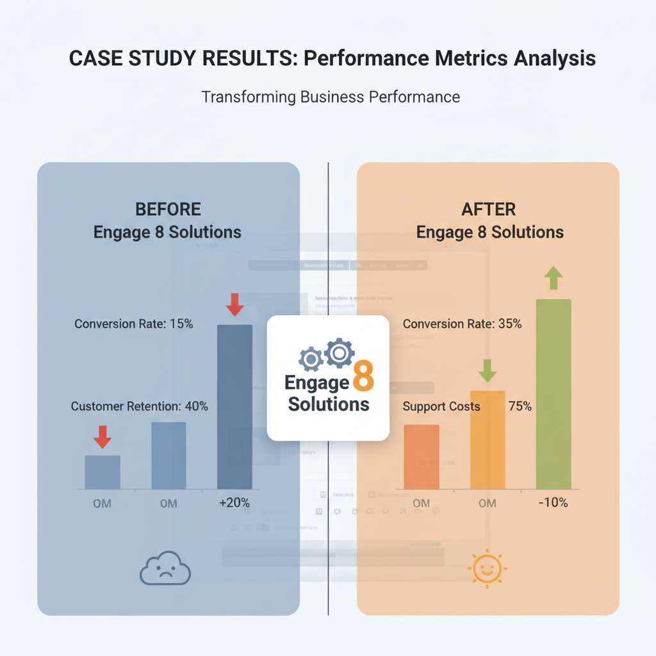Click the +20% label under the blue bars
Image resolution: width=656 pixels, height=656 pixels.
click(x=234, y=503)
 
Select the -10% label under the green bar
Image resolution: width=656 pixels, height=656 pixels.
click(x=552, y=502)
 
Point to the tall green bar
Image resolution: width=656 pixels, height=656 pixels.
click(x=553, y=394)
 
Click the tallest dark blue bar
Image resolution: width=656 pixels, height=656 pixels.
click(x=234, y=407)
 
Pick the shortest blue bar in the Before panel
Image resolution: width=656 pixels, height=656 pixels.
click(x=102, y=472)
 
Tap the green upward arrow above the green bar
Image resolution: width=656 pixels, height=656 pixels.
click(x=553, y=279)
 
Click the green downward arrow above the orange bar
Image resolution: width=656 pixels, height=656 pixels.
click(x=488, y=370)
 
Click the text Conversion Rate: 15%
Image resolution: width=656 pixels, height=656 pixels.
click(x=133, y=324)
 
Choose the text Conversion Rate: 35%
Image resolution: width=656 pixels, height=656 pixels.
click(x=462, y=324)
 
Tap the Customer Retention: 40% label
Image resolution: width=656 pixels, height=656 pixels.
click(x=139, y=406)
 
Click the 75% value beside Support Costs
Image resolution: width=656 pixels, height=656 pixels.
click(x=520, y=406)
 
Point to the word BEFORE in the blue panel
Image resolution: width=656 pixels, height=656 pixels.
click(x=168, y=209)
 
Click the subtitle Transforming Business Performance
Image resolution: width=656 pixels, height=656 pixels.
click(x=331, y=97)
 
